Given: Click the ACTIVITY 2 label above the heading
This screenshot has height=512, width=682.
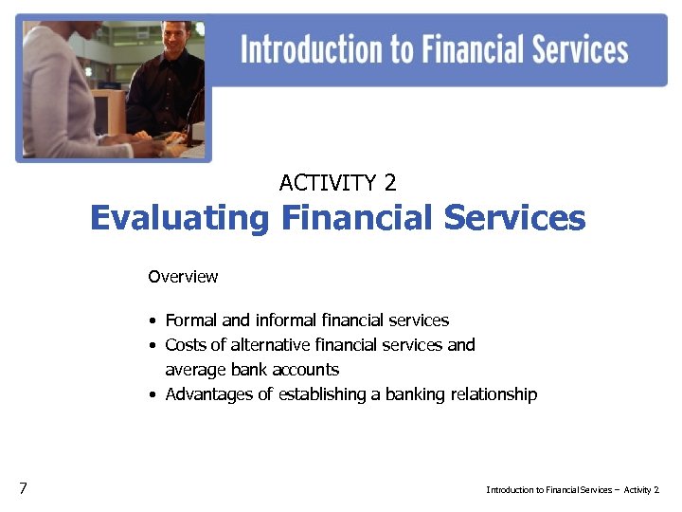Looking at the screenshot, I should [338, 182].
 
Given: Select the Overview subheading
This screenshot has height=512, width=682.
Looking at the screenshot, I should [183, 277].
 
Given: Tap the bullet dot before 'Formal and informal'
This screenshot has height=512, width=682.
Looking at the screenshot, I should [153, 321].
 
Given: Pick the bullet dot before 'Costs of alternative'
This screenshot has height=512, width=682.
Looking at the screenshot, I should [153, 346].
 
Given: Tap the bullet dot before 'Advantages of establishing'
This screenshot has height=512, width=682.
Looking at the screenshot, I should [153, 395].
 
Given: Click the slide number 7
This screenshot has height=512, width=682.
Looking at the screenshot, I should [23, 488].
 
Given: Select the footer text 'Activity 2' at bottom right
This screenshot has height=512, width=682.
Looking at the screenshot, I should [641, 490].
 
